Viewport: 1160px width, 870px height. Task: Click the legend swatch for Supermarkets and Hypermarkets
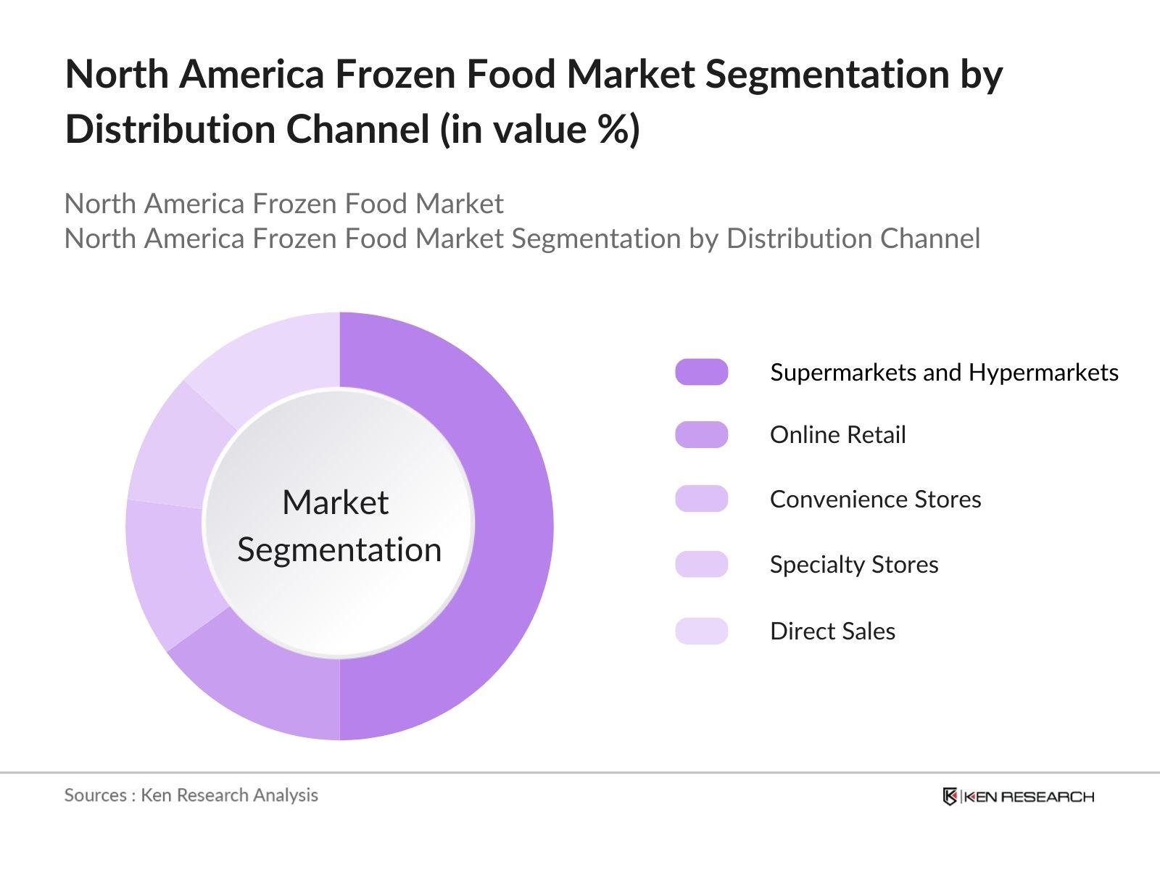pyautogui.click(x=701, y=372)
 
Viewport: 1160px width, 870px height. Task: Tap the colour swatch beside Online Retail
pyautogui.click(x=701, y=435)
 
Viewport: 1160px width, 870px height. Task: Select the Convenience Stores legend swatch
pyautogui.click(x=701, y=499)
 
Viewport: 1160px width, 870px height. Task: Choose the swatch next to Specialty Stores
pyautogui.click(x=701, y=564)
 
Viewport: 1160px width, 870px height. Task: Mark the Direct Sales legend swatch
pyautogui.click(x=701, y=631)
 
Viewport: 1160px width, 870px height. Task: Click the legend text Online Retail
pyautogui.click(x=837, y=435)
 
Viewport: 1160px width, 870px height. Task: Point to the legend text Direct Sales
pyautogui.click(x=832, y=631)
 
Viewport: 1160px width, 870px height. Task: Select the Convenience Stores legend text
pyautogui.click(x=875, y=499)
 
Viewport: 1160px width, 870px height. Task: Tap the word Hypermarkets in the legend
pyautogui.click(x=1043, y=373)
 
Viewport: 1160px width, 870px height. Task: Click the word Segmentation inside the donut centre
pyautogui.click(x=339, y=550)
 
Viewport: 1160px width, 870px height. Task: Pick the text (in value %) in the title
pyautogui.click(x=540, y=130)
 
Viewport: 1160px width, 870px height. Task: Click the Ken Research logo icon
pyautogui.click(x=950, y=796)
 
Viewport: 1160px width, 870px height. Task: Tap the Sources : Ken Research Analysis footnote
pyautogui.click(x=191, y=795)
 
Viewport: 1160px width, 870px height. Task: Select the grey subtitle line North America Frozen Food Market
pyautogui.click(x=283, y=204)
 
